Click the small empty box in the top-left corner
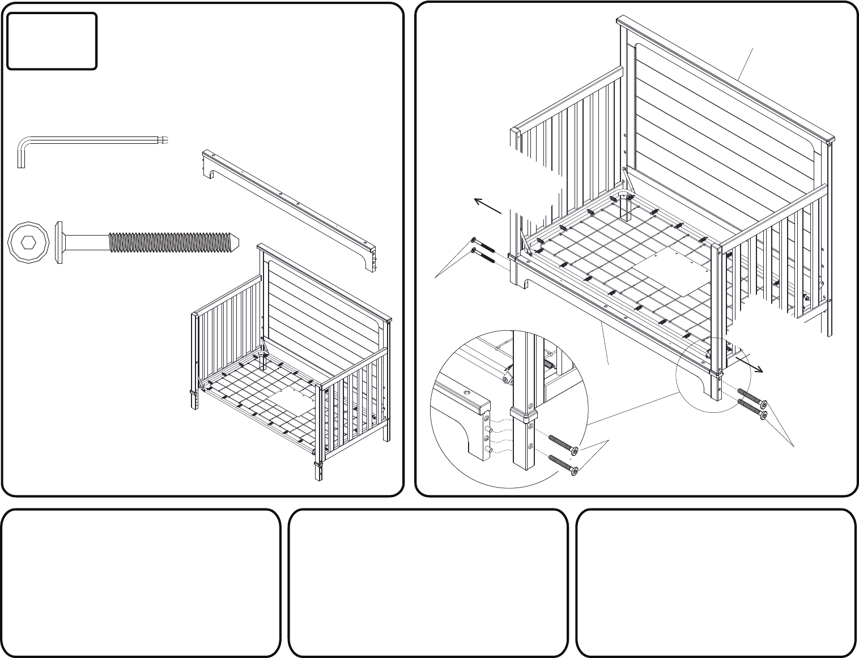[x=52, y=41]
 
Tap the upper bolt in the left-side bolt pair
[x=482, y=246]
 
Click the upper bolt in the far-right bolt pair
[x=752, y=398]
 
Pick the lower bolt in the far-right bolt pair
[x=752, y=410]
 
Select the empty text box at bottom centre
[x=428, y=583]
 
